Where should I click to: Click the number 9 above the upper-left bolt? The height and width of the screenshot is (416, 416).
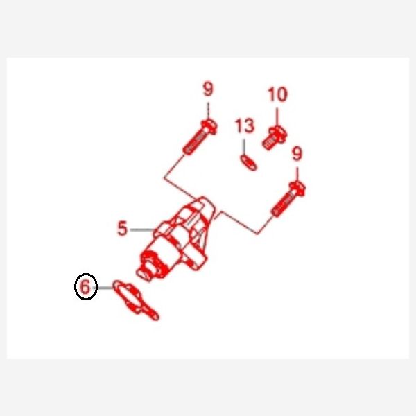pos(208,89)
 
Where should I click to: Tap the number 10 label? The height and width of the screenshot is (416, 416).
pos(277,94)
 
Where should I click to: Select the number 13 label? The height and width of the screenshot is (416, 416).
pos(245,125)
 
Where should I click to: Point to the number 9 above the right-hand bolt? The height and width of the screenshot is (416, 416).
pos(297,153)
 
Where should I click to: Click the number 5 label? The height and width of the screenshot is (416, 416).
pos(122,228)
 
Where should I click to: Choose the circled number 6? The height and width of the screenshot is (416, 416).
pos(85,286)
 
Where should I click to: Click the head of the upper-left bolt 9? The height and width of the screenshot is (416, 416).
pos(209,127)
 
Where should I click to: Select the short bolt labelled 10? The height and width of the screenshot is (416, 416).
pos(275,138)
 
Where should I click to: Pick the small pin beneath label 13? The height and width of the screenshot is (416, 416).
pos(248,163)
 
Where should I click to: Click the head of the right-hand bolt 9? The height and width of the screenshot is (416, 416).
pos(297,189)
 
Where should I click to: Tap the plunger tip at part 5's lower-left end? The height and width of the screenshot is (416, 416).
pos(144,275)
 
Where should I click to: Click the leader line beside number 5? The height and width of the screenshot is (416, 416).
pos(143,229)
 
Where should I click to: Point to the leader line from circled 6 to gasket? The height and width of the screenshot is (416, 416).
pos(104,288)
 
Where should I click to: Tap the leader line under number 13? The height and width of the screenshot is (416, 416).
pos(244,148)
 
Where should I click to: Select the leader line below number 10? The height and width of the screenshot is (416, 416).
pos(277,117)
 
